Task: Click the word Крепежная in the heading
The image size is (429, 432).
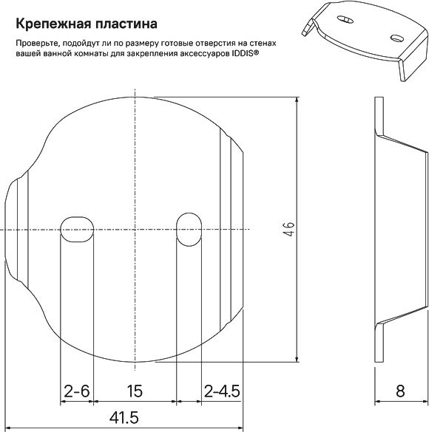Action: (x=53, y=24)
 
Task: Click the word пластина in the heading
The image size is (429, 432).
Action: (x=126, y=24)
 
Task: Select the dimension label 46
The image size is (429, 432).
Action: (x=288, y=229)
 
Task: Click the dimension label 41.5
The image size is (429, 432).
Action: (x=124, y=418)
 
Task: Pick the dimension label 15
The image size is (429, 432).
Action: (x=135, y=391)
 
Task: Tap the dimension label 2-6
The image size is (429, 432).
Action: (x=77, y=391)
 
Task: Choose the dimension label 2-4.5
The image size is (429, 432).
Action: (x=222, y=391)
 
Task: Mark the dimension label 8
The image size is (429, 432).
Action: (x=400, y=391)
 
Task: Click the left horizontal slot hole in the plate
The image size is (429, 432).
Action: (x=77, y=229)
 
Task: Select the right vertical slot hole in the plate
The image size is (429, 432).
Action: (x=189, y=229)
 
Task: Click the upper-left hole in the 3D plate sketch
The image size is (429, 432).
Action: (x=345, y=19)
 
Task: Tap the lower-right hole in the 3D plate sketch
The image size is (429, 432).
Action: (x=396, y=38)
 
